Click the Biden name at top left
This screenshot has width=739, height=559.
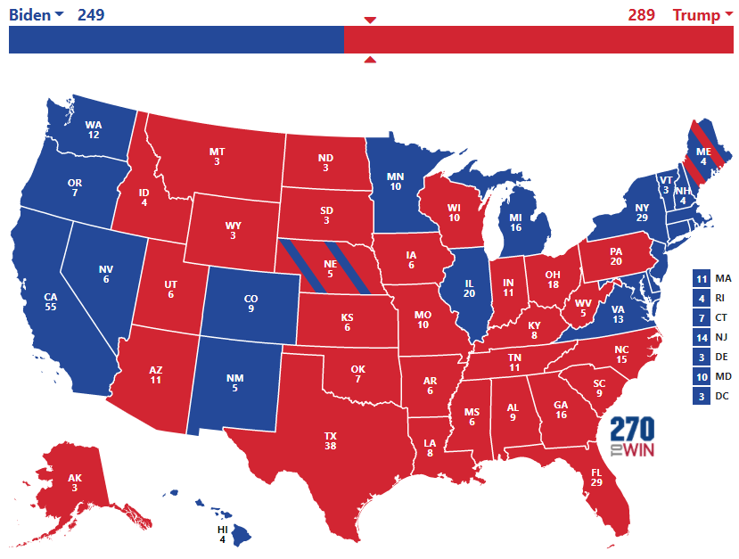click(29, 14)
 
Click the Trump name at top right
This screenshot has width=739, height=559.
click(695, 14)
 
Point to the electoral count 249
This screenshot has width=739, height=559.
click(91, 14)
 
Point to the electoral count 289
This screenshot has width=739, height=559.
click(641, 14)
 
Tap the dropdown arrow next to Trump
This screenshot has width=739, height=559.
click(729, 15)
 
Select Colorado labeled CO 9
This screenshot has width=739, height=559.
click(250, 303)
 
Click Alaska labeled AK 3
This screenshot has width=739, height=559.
click(74, 482)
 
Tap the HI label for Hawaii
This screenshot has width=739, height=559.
click(223, 529)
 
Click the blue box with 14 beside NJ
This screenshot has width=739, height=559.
click(701, 337)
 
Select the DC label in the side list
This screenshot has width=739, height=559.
click(723, 396)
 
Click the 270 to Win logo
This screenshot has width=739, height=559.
click(633, 438)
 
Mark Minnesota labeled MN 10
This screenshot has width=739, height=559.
click(395, 181)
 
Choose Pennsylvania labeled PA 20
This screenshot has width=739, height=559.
click(615, 257)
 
